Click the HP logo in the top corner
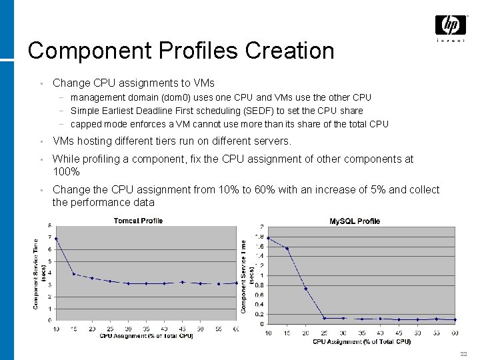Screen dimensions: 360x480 (x=451, y=26)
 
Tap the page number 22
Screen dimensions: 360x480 (x=463, y=353)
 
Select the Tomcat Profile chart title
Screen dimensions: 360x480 (x=138, y=221)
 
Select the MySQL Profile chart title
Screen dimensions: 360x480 (x=355, y=221)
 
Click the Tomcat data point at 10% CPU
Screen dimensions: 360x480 (x=56, y=239)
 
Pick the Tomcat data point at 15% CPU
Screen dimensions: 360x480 (x=74, y=274)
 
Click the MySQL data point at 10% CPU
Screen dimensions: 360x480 (x=268, y=238)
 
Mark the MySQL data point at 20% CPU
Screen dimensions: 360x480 (x=305, y=289)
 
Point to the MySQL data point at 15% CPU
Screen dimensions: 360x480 (x=287, y=249)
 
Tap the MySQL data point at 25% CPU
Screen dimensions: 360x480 (x=324, y=318)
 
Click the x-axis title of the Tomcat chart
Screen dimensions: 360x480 (x=146, y=335)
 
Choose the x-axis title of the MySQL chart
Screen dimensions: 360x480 (x=361, y=342)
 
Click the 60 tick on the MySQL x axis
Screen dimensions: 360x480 (x=455, y=333)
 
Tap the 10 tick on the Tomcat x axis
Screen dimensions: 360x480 (x=56, y=329)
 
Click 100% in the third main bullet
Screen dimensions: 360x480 (x=66, y=171)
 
